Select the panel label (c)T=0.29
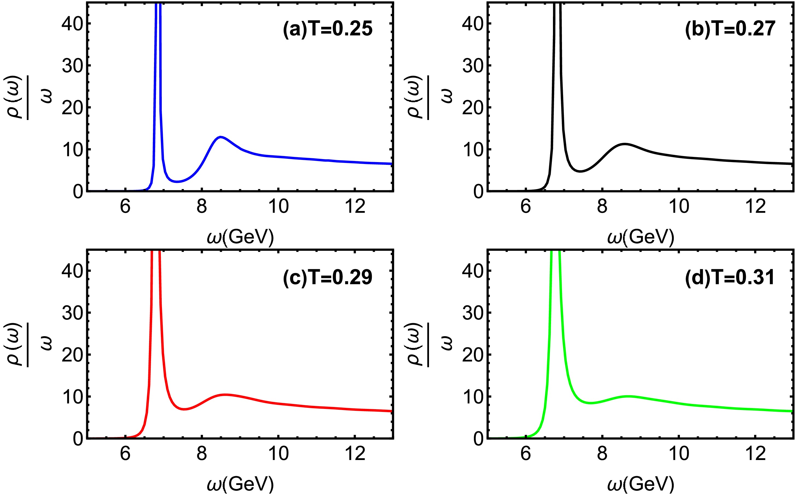click(328, 277)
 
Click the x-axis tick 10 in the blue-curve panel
click(278, 207)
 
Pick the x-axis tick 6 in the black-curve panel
click(526, 207)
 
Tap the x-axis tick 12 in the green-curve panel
click(756, 454)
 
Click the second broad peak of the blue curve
click(221, 137)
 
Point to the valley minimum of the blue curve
click(177, 182)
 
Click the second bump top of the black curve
click(625, 144)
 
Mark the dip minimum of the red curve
click(184, 409)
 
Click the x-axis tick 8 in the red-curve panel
click(202, 454)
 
